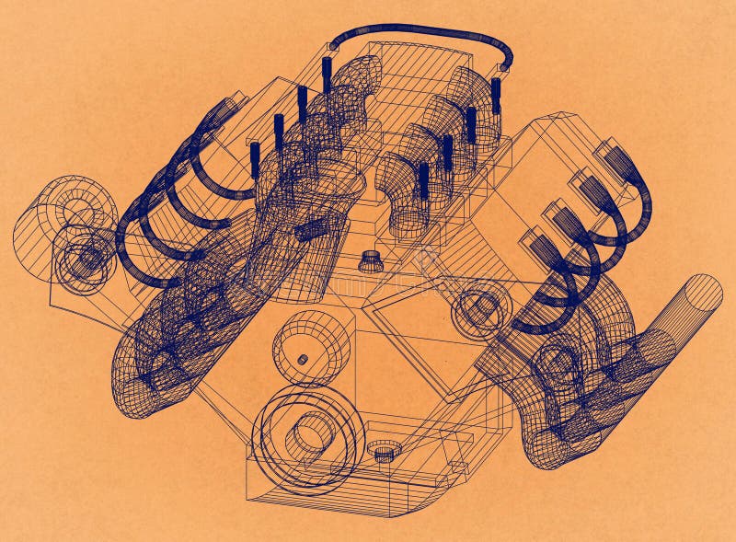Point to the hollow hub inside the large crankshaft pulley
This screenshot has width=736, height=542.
[312, 432]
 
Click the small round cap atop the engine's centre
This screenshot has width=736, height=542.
[371, 260]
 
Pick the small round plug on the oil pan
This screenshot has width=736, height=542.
[384, 451]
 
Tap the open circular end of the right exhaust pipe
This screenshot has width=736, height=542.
[705, 294]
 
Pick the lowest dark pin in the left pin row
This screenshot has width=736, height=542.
[255, 158]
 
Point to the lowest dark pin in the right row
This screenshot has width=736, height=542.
[424, 180]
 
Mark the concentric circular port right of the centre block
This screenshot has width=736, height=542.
[482, 307]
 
